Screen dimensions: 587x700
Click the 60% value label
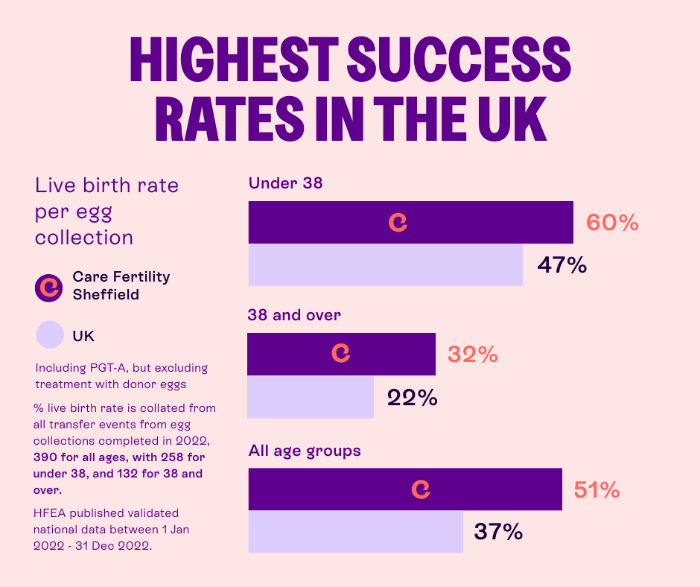point(612,223)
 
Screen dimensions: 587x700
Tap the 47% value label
point(561,265)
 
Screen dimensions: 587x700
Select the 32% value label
point(472,355)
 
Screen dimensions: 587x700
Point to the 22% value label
point(412,398)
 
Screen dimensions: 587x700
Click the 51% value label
point(596,490)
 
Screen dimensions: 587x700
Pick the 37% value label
point(498,532)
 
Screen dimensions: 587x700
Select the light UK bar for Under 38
point(385,265)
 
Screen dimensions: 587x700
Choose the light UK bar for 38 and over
point(311,397)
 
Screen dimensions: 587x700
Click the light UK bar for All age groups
point(355,532)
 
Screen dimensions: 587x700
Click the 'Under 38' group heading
point(285,183)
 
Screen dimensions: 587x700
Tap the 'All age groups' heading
point(304,451)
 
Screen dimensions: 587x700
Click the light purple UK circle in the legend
point(50,334)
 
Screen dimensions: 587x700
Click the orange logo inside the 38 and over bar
point(341,354)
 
